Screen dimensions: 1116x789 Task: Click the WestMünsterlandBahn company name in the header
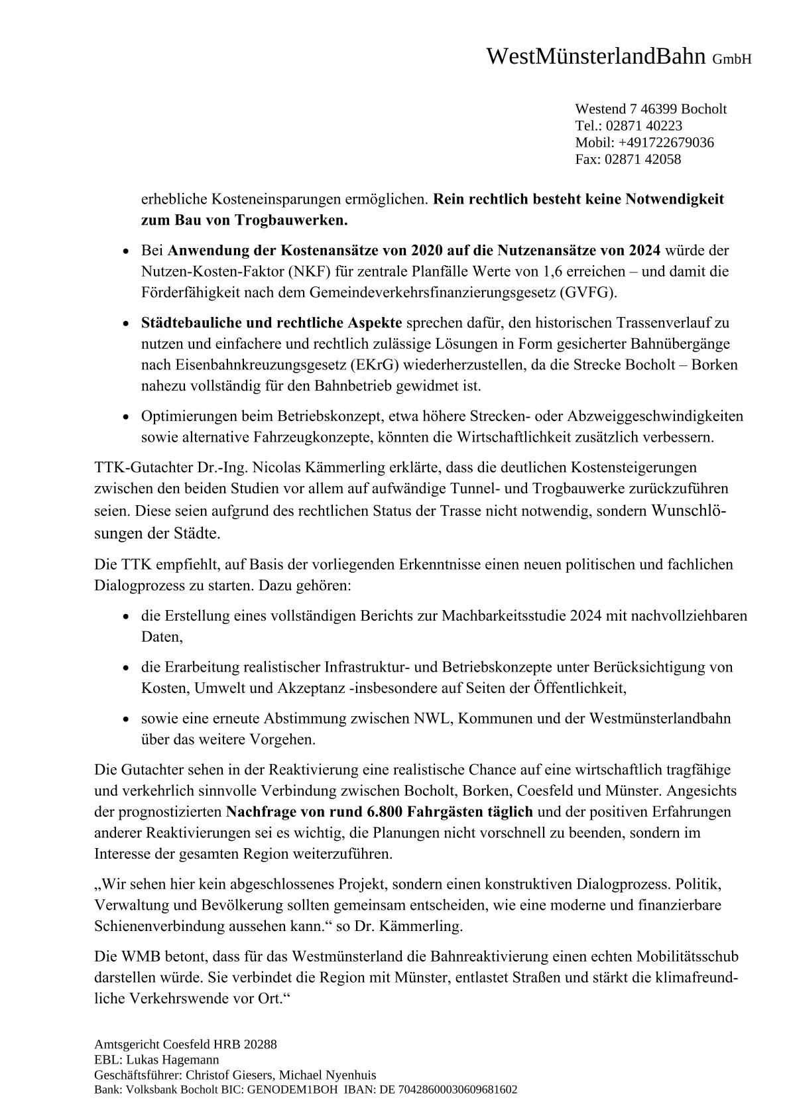596,57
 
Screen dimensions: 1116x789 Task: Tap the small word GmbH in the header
732,60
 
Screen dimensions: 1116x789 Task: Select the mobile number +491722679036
666,143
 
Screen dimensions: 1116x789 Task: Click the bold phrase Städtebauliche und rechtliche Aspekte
271,323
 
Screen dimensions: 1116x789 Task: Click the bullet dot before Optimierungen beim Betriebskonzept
127,417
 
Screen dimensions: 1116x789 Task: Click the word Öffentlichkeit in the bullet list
578,688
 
